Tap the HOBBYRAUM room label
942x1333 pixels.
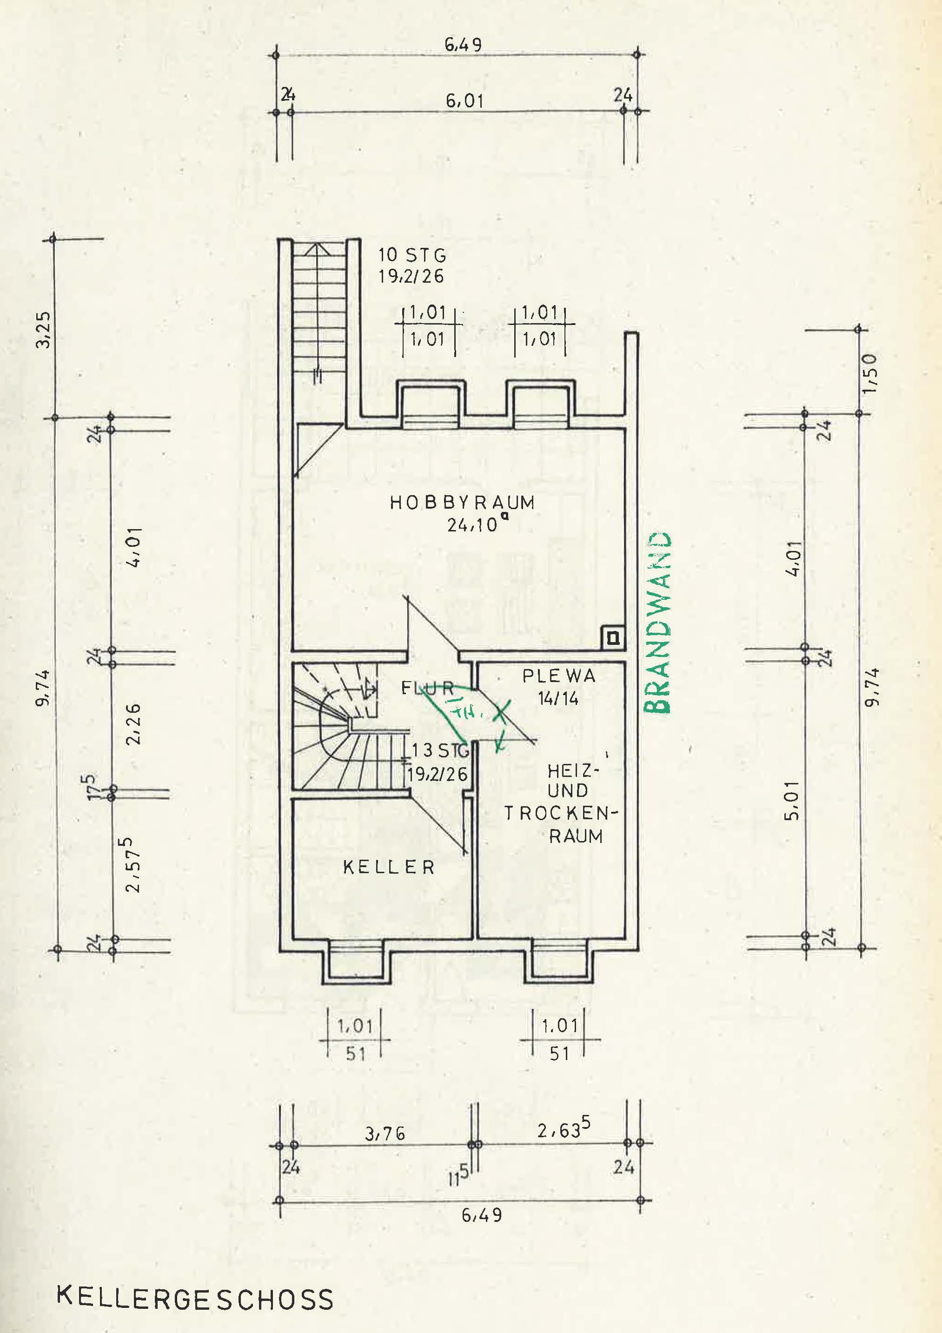[462, 503]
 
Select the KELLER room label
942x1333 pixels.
[389, 868]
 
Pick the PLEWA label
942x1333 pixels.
[559, 676]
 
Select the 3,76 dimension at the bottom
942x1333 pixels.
[385, 1133]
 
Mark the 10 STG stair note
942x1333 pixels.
[412, 255]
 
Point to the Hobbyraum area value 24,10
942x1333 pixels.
[473, 525]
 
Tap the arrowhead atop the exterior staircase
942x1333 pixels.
[318, 251]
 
